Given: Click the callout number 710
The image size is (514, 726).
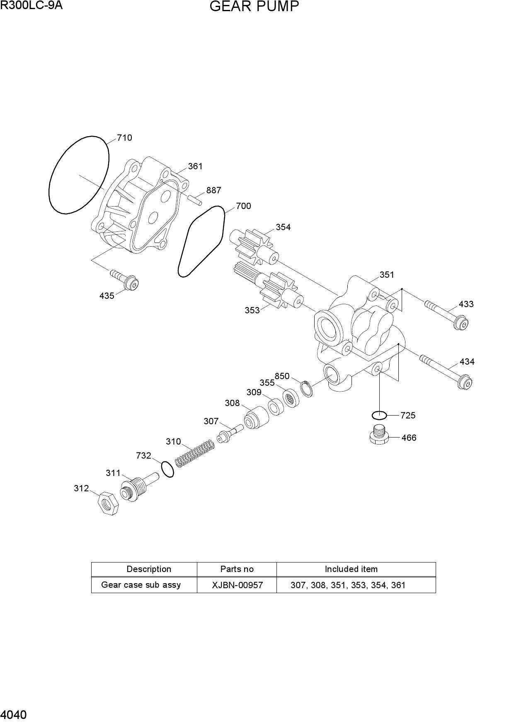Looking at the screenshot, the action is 124,138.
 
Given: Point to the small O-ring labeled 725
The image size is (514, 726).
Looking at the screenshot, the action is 379,415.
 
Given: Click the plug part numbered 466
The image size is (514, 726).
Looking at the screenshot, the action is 379,435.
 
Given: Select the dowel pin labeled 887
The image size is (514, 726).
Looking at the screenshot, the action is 194,200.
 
